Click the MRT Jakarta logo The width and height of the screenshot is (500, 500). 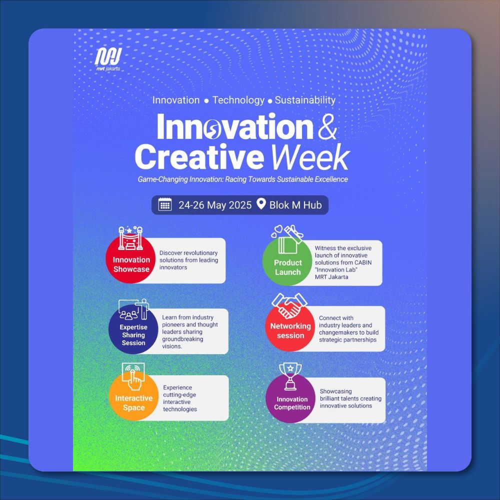(108, 59)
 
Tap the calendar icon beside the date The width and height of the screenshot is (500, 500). (165, 204)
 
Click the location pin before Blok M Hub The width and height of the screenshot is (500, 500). (261, 204)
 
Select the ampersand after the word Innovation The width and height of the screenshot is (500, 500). (327, 127)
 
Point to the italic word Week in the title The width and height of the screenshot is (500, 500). (310, 157)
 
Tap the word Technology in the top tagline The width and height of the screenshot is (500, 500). (238, 100)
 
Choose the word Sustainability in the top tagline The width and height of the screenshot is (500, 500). (305, 100)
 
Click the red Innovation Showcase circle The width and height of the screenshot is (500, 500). (130, 258)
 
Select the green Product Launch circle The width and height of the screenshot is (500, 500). (287, 261)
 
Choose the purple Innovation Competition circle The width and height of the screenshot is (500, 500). (290, 398)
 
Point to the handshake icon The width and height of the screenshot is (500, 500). (289, 306)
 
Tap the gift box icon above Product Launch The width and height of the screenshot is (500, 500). (287, 239)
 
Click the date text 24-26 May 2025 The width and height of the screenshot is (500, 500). (215, 205)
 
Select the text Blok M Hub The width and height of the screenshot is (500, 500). (295, 205)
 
